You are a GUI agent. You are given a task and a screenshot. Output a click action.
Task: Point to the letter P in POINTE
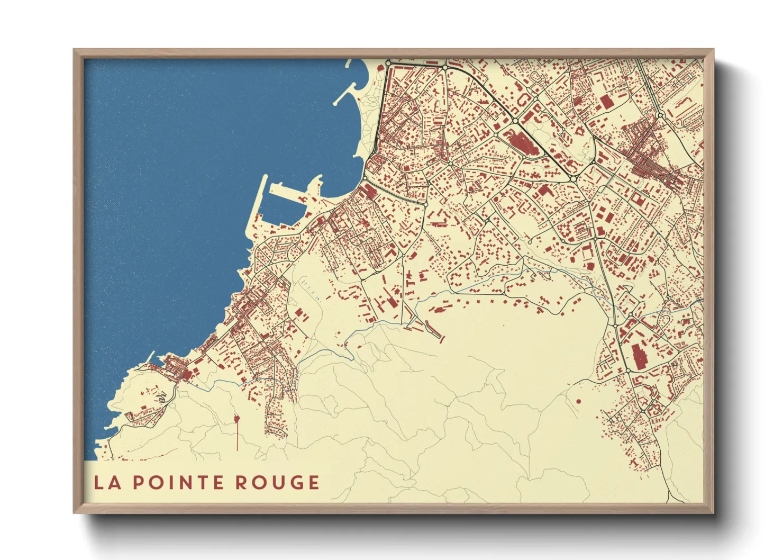[x=137, y=482]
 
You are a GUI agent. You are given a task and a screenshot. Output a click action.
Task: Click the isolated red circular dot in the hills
[x=578, y=401]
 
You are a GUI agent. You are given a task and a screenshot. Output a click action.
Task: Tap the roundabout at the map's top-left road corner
[x=388, y=64]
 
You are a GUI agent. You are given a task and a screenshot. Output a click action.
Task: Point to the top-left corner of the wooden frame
[x=75, y=50]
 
